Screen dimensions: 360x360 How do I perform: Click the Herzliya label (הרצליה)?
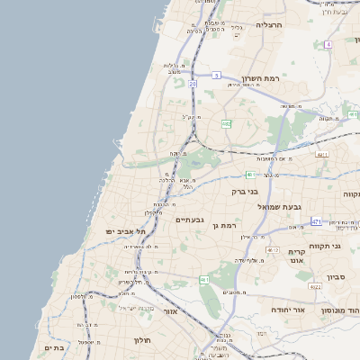click(268, 24)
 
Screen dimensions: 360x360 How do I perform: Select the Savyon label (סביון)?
click(337, 276)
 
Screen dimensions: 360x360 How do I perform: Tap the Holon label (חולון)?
click(142, 340)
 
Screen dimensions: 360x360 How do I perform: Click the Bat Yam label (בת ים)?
click(54, 346)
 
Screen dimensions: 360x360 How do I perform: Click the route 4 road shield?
click(328, 43)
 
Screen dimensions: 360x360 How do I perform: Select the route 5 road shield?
click(217, 76)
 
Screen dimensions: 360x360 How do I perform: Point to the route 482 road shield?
click(226, 123)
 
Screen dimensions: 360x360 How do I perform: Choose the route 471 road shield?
click(316, 220)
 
